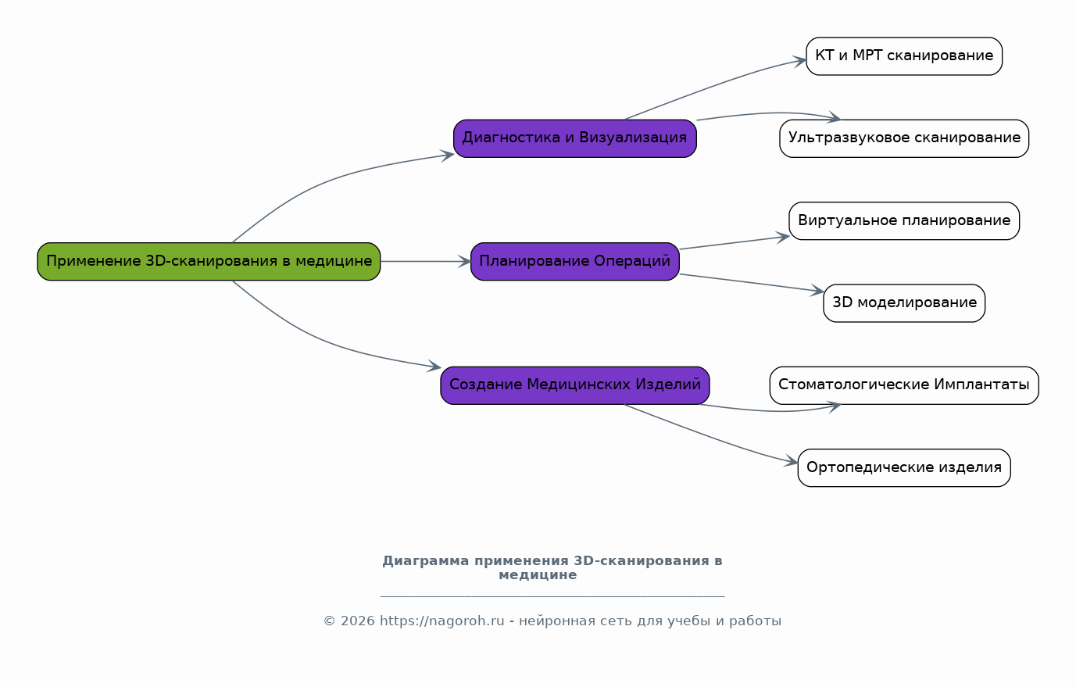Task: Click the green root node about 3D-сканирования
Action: (209, 261)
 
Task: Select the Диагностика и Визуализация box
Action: (574, 138)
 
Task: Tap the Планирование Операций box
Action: (574, 261)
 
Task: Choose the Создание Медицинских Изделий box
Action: (574, 385)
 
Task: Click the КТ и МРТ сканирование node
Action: (903, 55)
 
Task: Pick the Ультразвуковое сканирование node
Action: (903, 138)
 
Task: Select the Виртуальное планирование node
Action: (903, 220)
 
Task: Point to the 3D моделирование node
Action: (903, 302)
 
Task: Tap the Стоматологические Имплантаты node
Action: (903, 385)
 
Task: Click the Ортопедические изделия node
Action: (903, 467)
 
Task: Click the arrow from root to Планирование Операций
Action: (426, 261)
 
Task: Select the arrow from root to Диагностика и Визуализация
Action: (328, 181)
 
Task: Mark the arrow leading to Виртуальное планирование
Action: (735, 243)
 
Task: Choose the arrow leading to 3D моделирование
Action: (750, 283)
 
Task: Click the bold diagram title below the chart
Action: (552, 567)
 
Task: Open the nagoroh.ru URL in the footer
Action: (441, 621)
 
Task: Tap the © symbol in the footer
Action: (329, 621)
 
